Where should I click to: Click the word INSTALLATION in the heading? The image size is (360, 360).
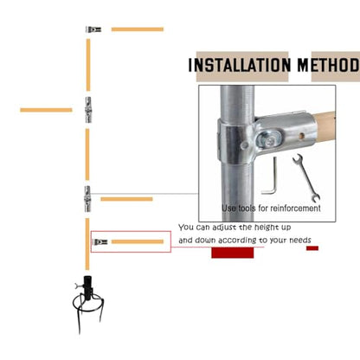(x=240, y=65)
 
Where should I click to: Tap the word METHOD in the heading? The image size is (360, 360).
(x=329, y=65)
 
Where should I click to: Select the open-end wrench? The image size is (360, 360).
(x=305, y=177)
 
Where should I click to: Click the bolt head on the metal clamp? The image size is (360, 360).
(x=269, y=141)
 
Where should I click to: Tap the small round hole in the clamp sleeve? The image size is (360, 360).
(x=301, y=135)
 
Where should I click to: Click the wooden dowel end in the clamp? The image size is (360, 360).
(x=325, y=125)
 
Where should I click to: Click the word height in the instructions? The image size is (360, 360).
(x=265, y=228)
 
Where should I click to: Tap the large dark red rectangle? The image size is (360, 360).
(x=233, y=253)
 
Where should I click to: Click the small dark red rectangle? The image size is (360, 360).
(x=312, y=248)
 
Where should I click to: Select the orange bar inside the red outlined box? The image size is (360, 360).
(x=138, y=241)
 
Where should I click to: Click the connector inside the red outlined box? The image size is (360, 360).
(x=100, y=241)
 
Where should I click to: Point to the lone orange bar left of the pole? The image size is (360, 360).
(x=46, y=110)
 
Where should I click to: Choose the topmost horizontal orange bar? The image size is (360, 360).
(x=138, y=29)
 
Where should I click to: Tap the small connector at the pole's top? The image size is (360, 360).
(x=93, y=29)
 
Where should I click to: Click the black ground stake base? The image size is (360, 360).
(x=87, y=303)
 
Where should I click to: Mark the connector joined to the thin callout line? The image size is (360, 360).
(x=87, y=199)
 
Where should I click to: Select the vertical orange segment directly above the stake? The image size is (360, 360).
(x=87, y=244)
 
